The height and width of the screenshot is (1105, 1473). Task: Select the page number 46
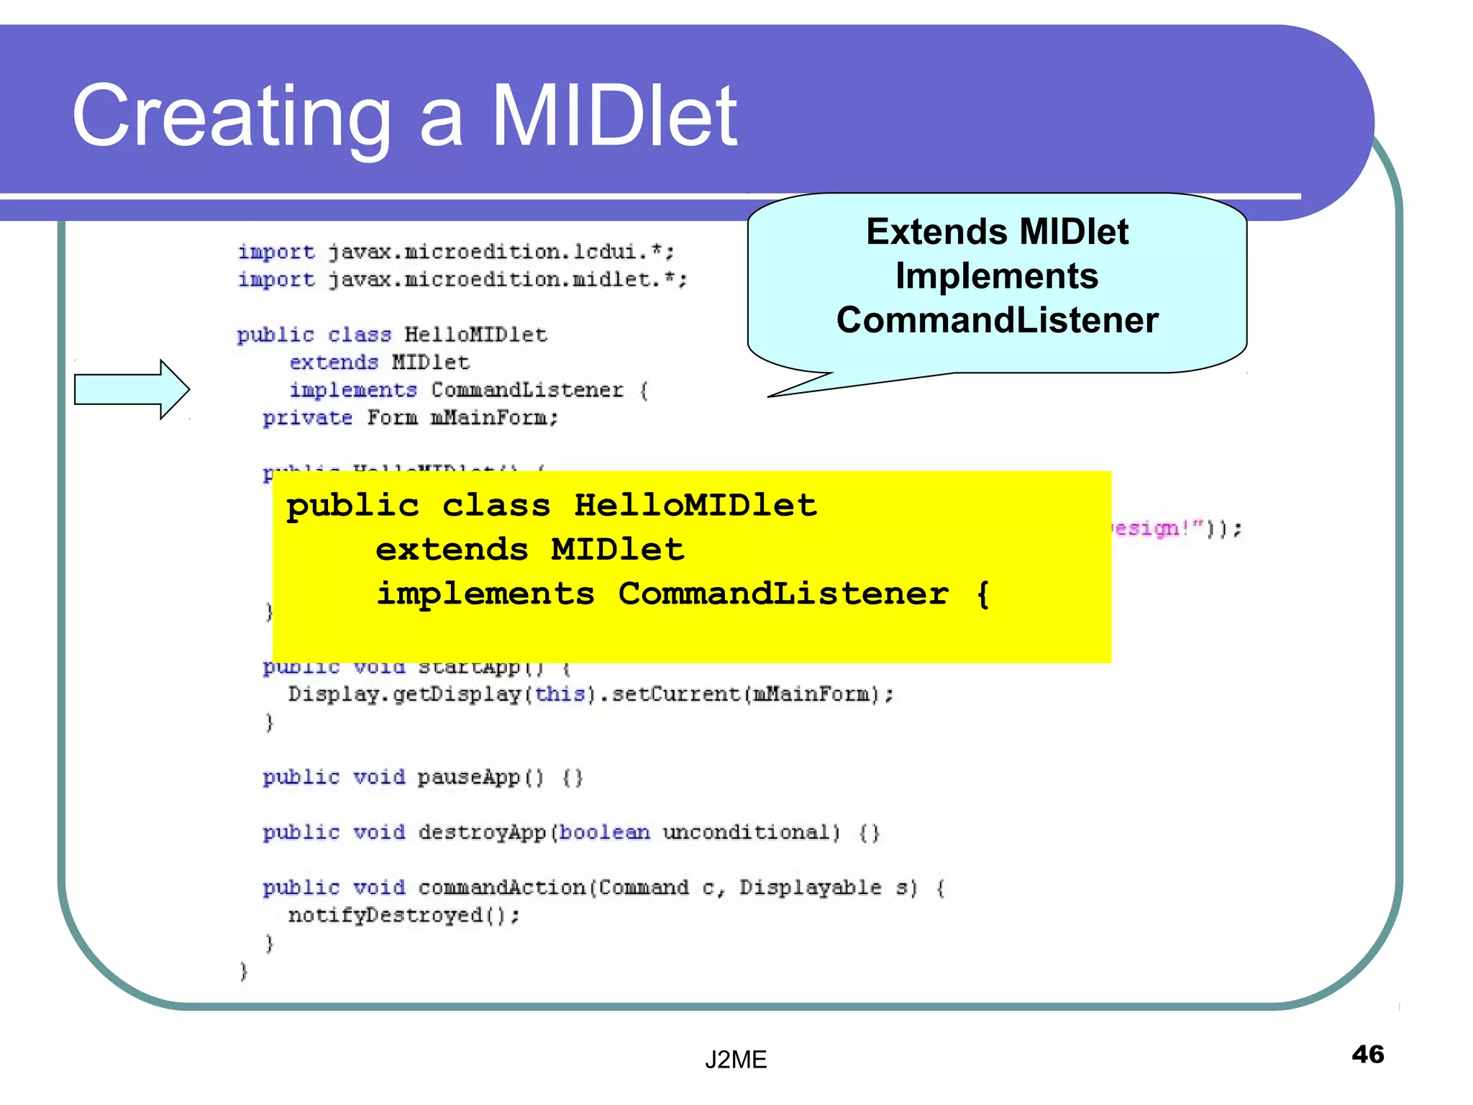click(x=1367, y=1054)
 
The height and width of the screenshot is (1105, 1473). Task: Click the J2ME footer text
click(x=735, y=1059)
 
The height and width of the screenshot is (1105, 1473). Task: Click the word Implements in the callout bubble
click(x=997, y=276)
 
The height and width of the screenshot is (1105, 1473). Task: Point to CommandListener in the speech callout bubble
click(x=997, y=320)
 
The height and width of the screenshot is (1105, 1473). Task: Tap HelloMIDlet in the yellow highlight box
click(x=695, y=505)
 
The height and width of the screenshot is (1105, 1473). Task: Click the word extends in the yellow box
click(x=452, y=550)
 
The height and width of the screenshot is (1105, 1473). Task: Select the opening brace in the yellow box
click(x=982, y=594)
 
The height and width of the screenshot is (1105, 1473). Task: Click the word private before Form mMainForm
click(x=307, y=418)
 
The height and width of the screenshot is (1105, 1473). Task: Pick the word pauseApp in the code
click(x=468, y=778)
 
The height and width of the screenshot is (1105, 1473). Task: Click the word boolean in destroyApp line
click(x=604, y=832)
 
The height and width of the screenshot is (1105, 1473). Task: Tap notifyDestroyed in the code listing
click(x=386, y=915)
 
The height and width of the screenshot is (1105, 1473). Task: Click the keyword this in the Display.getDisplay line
click(x=560, y=694)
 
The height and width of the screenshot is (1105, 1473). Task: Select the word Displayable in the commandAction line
click(x=810, y=888)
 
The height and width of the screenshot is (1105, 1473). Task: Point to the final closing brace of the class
click(x=244, y=971)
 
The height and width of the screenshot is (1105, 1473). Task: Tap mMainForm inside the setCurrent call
click(x=811, y=694)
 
